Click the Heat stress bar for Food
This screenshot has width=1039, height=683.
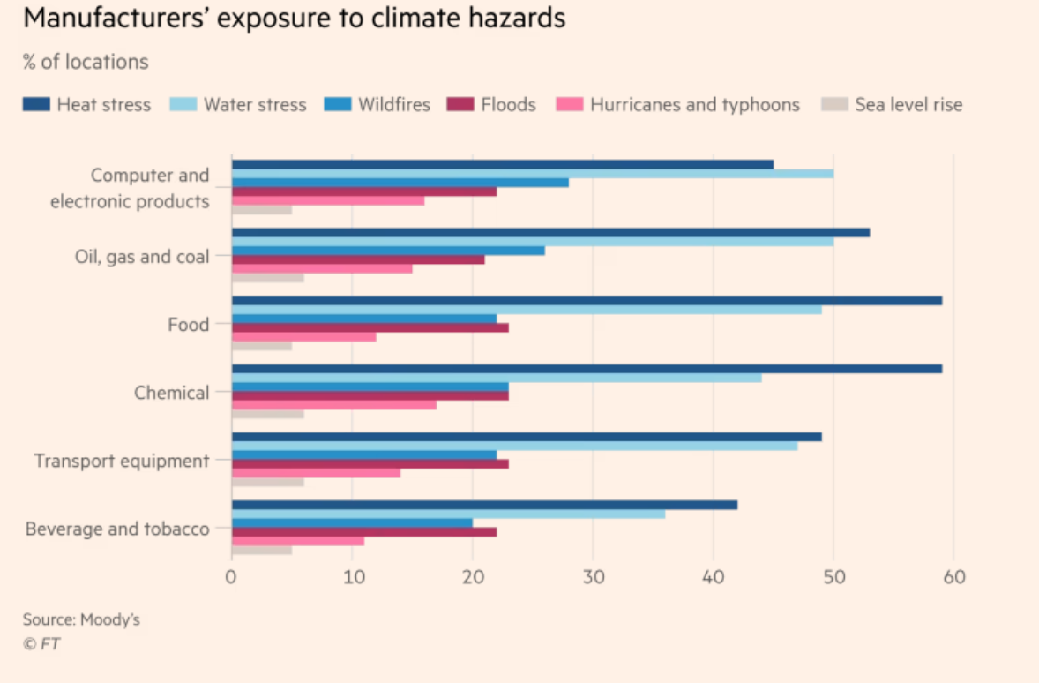[587, 301]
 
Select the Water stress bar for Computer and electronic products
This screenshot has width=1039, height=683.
[532, 173]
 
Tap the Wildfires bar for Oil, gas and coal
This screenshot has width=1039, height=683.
[388, 251]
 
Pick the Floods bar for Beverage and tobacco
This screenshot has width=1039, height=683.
[363, 531]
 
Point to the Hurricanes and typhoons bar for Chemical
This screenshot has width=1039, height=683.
[333, 405]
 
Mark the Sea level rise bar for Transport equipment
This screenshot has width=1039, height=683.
[268, 482]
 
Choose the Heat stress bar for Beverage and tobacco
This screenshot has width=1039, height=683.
[484, 505]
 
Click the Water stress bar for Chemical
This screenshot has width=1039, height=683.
[497, 378]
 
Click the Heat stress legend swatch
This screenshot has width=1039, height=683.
[36, 105]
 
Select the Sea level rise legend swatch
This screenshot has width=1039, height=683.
[833, 105]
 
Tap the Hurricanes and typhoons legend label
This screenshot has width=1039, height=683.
[695, 105]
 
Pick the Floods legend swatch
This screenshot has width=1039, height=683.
[460, 105]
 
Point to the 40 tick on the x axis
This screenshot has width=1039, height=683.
[713, 578]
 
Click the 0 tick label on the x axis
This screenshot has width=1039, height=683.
[231, 578]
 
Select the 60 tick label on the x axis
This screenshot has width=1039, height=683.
[954, 578]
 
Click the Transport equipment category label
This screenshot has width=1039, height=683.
[122, 461]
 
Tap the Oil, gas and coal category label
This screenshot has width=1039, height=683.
[142, 257]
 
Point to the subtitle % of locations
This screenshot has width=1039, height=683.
[86, 63]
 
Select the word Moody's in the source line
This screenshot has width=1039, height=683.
[110, 619]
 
